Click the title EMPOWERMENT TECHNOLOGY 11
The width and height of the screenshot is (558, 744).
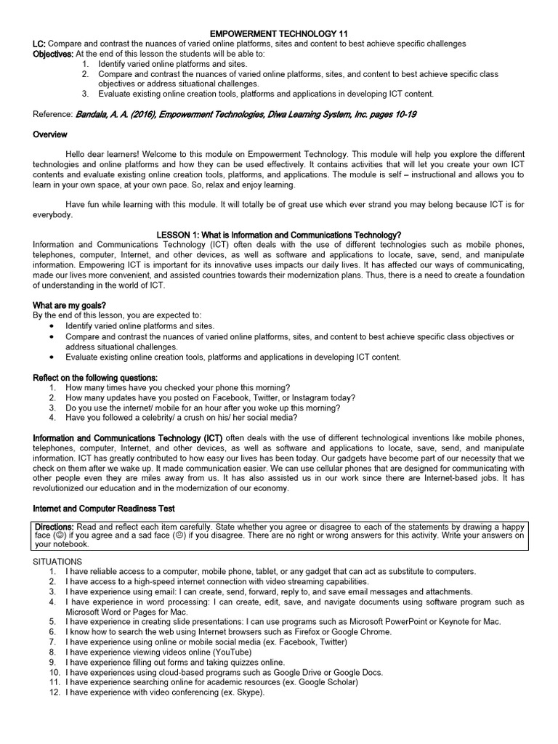click(x=278, y=33)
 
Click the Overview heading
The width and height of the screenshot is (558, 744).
click(x=50, y=134)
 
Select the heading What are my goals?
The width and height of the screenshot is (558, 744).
click(x=70, y=304)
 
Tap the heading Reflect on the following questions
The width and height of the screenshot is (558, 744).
click(x=95, y=378)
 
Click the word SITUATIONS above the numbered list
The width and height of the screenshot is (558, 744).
click(x=58, y=562)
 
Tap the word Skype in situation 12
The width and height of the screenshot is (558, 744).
click(x=248, y=692)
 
